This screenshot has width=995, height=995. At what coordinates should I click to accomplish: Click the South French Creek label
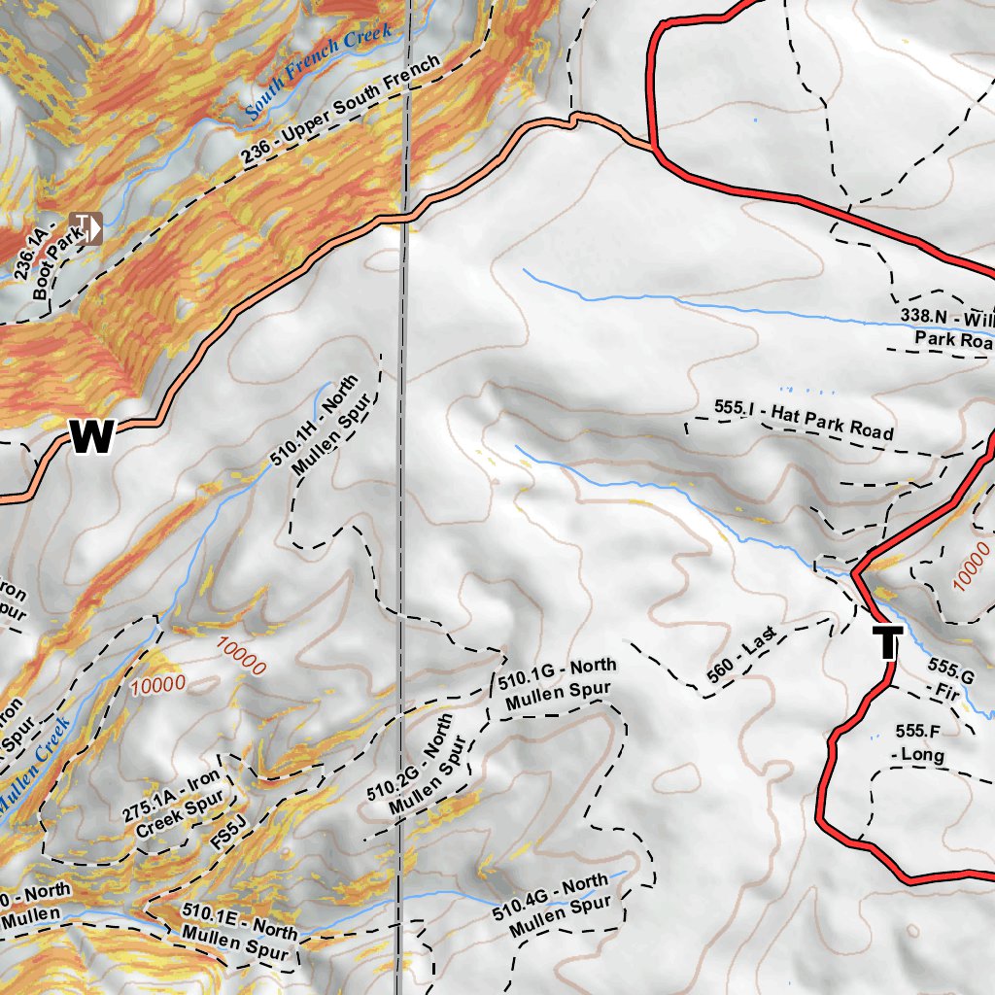(x=319, y=72)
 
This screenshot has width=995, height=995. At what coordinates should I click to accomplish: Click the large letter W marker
(x=93, y=436)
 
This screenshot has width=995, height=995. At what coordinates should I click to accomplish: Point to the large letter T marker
(x=887, y=642)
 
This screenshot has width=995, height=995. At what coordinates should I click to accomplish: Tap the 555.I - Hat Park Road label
(x=803, y=420)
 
